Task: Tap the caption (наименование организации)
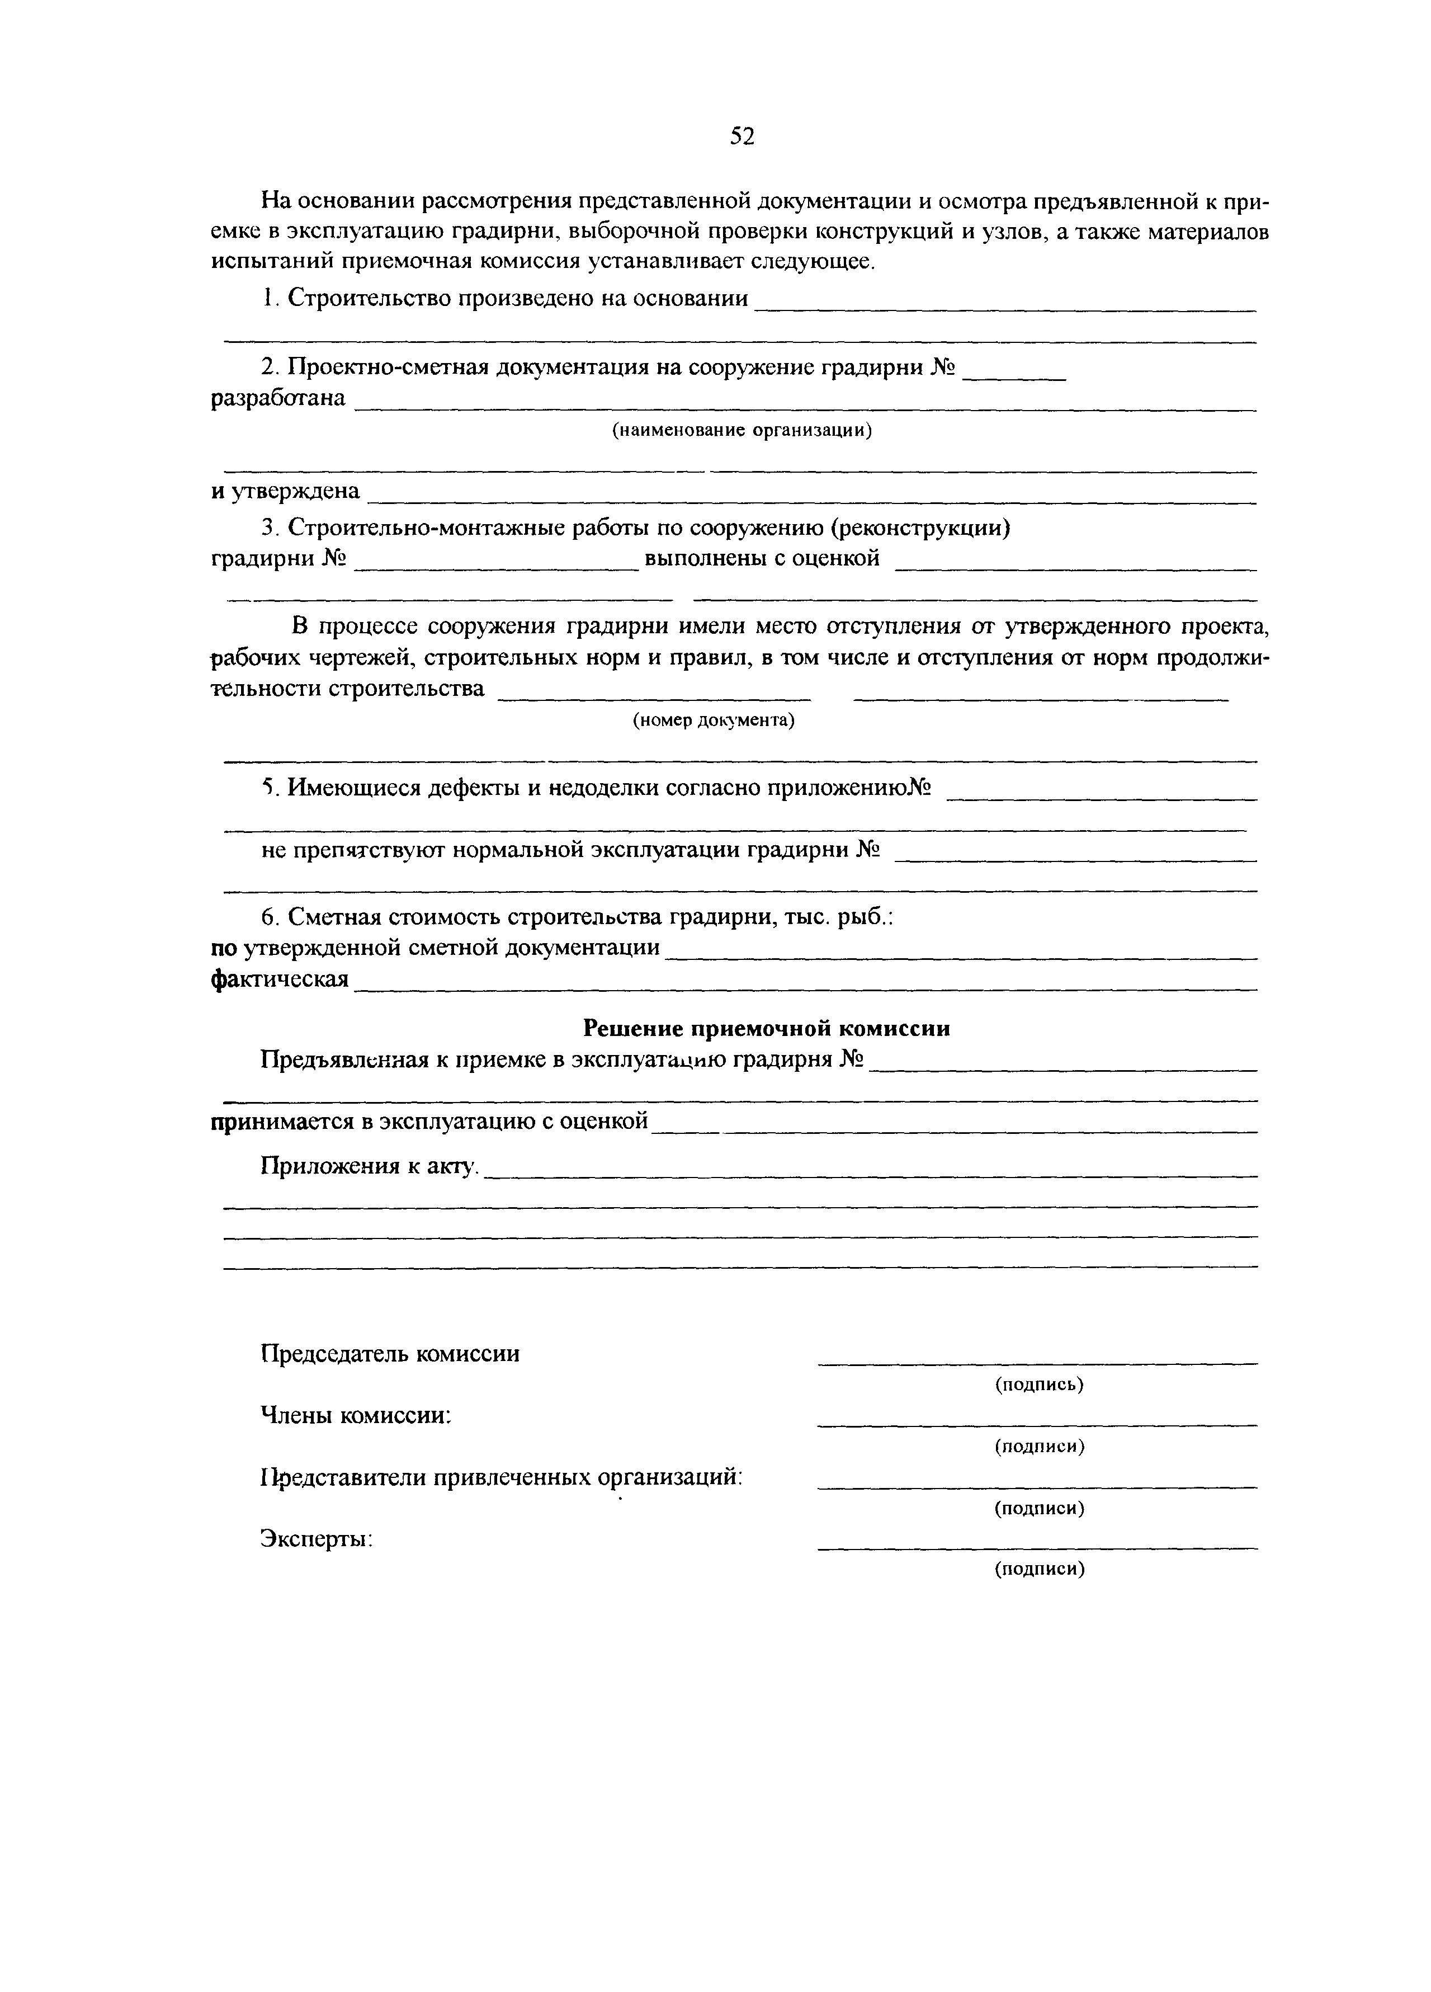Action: (742, 430)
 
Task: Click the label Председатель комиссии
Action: (390, 1354)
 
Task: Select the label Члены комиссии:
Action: (356, 1416)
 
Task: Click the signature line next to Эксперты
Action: (1037, 1548)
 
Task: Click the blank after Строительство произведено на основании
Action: (1005, 308)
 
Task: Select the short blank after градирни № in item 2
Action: (1014, 376)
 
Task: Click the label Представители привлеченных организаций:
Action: (501, 1477)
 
